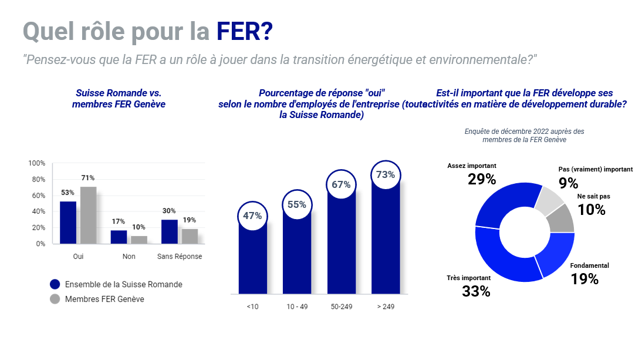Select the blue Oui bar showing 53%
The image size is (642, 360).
[68, 223]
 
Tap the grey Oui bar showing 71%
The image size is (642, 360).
[89, 215]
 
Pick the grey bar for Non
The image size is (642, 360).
[139, 240]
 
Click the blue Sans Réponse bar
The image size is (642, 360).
[169, 231]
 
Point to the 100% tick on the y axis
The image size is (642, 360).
[37, 163]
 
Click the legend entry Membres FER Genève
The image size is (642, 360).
[104, 299]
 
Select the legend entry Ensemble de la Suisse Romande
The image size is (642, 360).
[123, 284]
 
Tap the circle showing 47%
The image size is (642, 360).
[252, 216]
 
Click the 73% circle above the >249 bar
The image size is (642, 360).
[386, 174]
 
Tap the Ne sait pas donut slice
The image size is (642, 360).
[562, 218]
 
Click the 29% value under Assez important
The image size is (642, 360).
[482, 179]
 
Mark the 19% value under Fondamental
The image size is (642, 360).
[584, 279]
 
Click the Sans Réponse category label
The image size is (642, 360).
[180, 257]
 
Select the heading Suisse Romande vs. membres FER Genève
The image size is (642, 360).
[119, 99]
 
